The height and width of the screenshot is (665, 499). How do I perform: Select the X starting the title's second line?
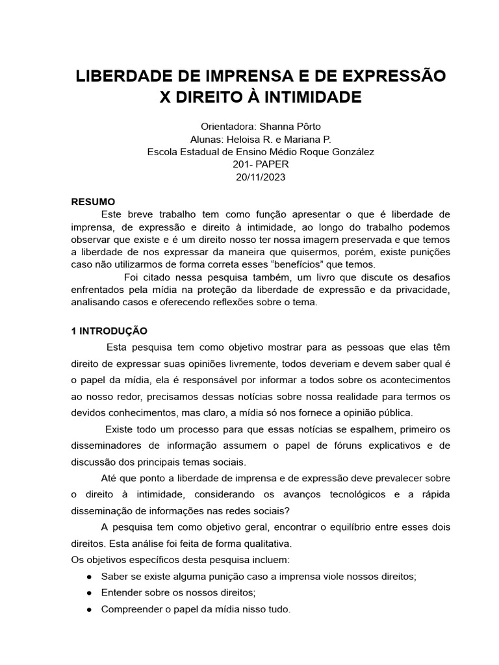pos(167,97)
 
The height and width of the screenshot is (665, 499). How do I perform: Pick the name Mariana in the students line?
pos(304,139)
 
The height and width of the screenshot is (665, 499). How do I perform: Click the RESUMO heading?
pos(93,202)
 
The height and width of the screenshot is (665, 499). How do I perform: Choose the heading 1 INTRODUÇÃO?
pos(109,331)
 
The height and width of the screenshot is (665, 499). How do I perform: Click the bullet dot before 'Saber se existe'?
pos(89,577)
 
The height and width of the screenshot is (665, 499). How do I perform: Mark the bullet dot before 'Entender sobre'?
pos(89,593)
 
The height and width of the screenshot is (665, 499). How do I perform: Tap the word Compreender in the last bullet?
pos(130,609)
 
